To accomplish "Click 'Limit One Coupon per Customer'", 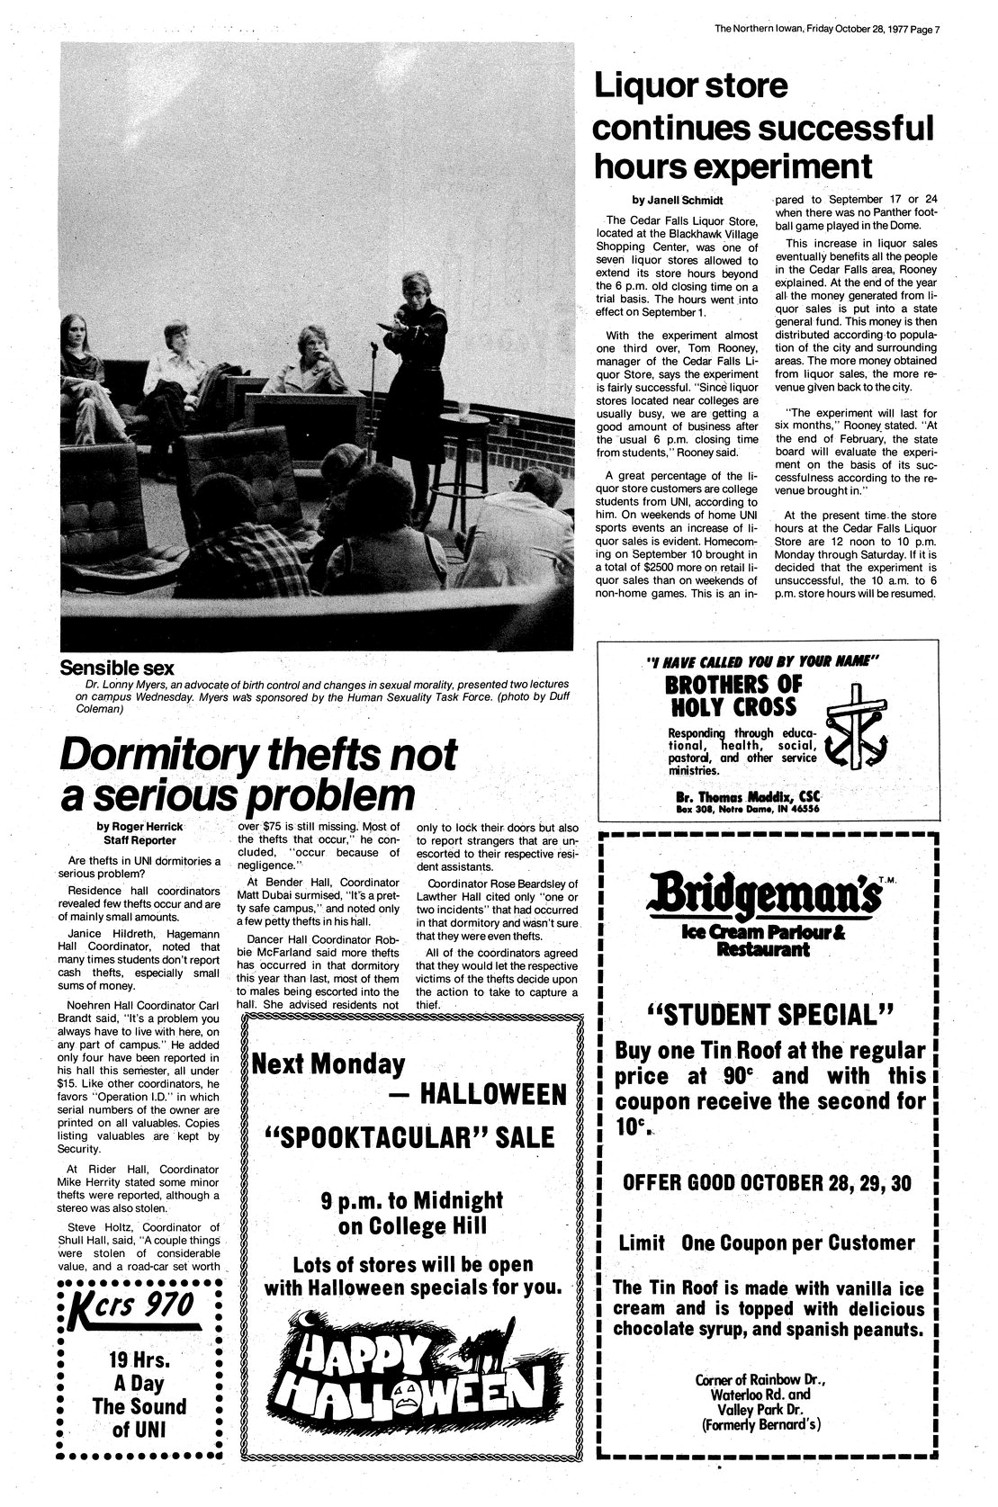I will pos(767,1243).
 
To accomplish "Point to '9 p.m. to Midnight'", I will pos(412,1200).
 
